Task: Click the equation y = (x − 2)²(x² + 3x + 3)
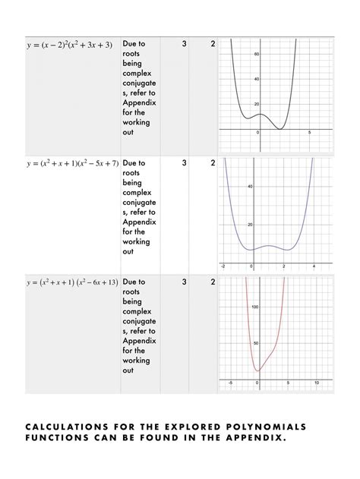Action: [x=69, y=45]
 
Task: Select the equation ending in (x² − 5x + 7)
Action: [x=72, y=163]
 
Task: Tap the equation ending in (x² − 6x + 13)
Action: [x=72, y=282]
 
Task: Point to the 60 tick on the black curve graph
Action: [x=257, y=54]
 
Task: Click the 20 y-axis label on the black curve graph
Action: [x=257, y=104]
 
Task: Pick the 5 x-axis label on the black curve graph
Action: [x=309, y=133]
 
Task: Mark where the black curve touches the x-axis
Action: [x=280, y=129]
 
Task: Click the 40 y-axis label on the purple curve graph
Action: [x=250, y=186]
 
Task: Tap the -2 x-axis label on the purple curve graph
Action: [x=223, y=266]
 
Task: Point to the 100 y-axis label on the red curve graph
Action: [x=254, y=307]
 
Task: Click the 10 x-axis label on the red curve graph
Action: [x=316, y=383]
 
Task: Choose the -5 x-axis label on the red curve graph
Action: [x=229, y=383]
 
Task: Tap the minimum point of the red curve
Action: [x=258, y=372]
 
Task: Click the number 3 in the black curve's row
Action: [x=184, y=44]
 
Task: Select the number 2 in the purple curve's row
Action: [x=213, y=162]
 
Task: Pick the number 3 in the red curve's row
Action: [x=184, y=282]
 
